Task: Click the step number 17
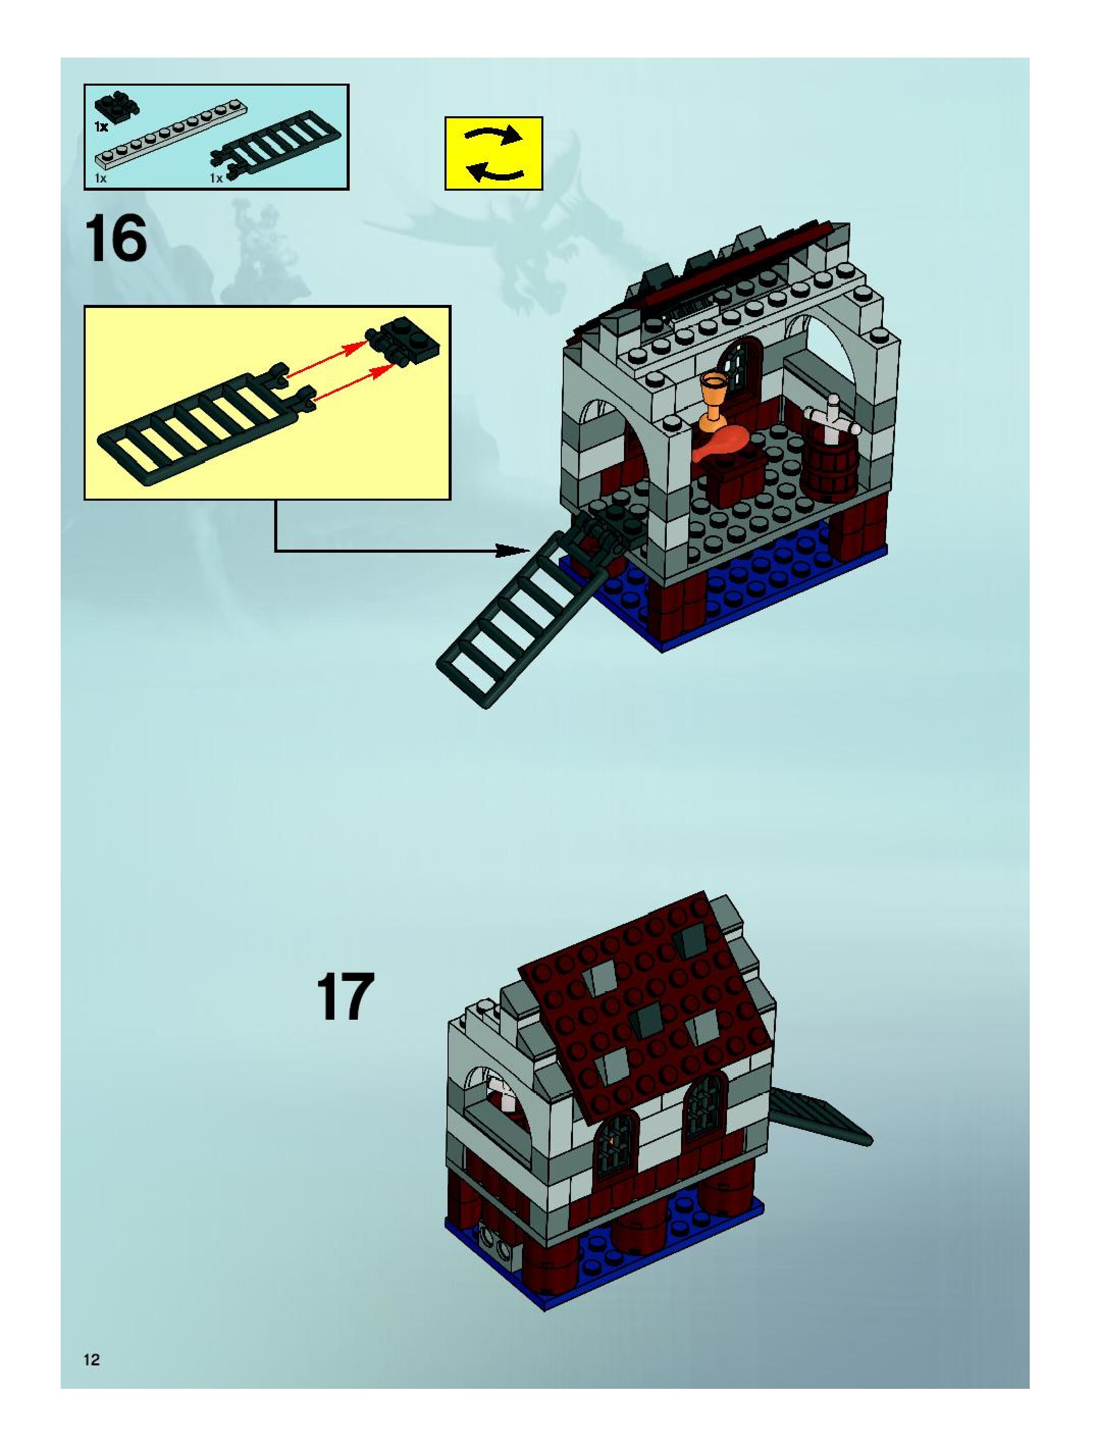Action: tap(345, 997)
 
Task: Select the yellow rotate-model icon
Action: tap(494, 153)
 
